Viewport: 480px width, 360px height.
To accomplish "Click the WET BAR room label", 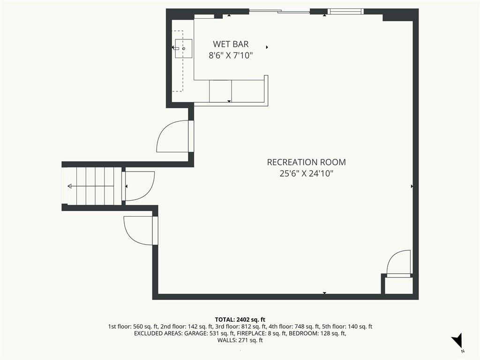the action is pos(231,44).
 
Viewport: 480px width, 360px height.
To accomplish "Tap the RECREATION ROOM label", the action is pos(307,162).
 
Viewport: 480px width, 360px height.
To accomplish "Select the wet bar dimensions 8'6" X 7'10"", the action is pos(231,55).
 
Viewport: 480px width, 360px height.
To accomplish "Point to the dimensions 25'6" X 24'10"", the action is pos(306,173).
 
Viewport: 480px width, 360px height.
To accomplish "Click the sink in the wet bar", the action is pos(183,48).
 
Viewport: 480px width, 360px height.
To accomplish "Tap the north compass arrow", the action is pos(457,340).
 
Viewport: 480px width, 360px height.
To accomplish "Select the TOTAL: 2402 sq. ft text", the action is pos(240,320).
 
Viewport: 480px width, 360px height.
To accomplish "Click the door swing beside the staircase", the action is pos(140,186).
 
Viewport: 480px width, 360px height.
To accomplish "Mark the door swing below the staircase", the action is pos(138,231).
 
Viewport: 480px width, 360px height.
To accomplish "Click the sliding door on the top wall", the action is pos(279,12).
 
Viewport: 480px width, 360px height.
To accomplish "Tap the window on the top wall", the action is pos(345,12).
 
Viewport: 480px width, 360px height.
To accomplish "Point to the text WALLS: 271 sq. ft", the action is pos(240,340).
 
